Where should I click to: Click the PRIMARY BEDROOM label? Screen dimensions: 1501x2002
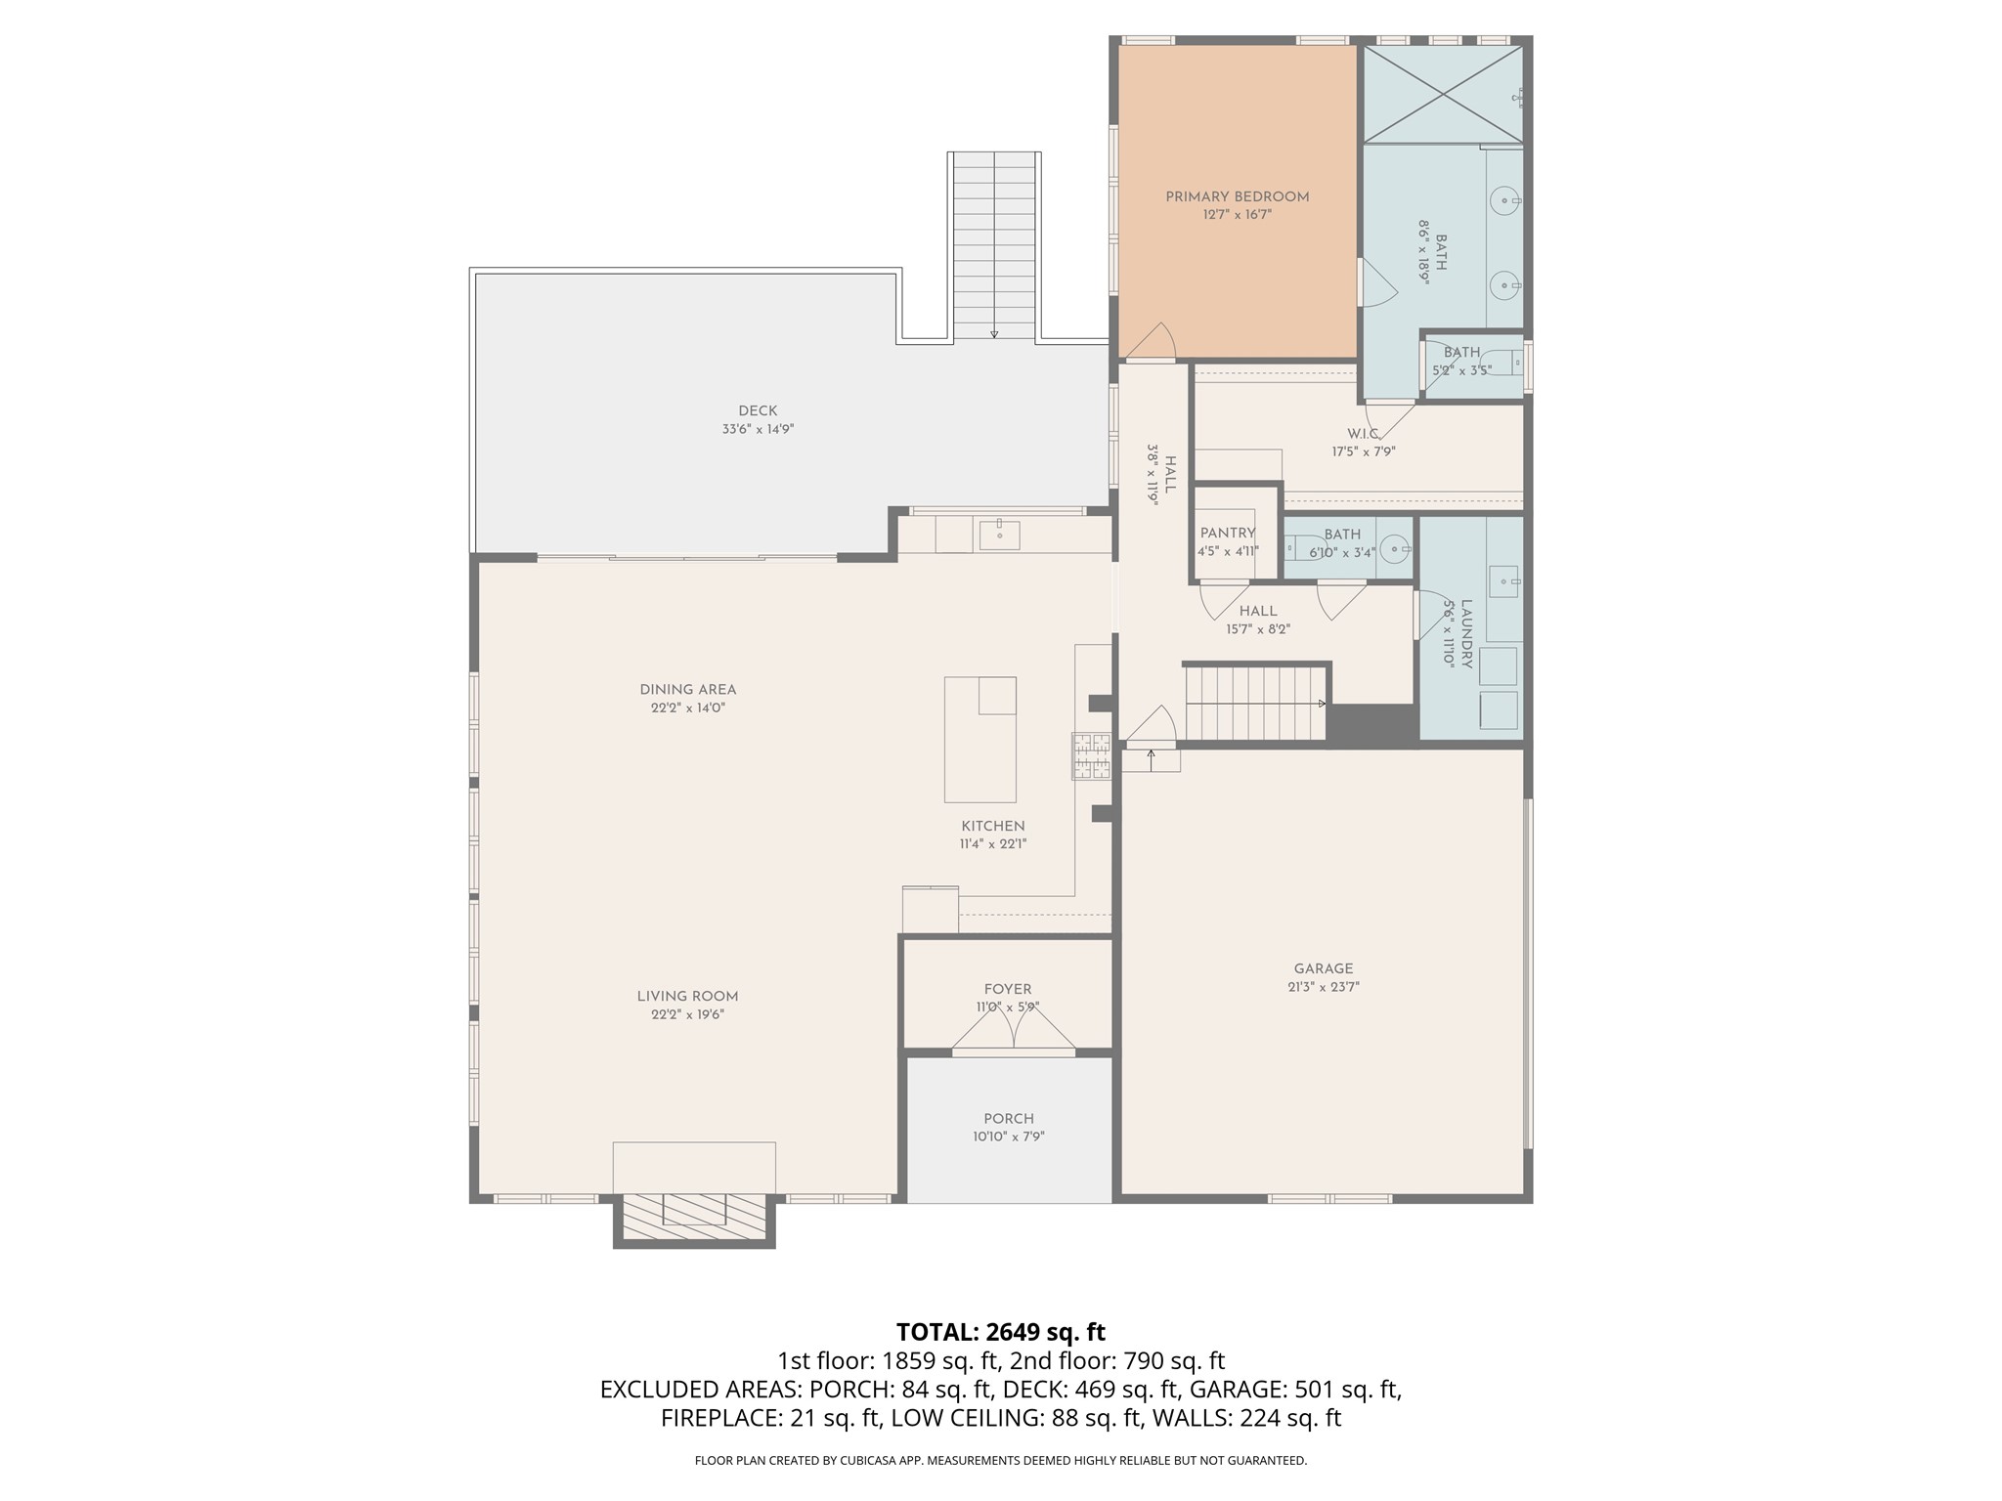(x=1237, y=196)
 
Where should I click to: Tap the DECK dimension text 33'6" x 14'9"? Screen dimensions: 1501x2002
(x=758, y=429)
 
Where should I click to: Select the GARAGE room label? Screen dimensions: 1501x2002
(x=1324, y=968)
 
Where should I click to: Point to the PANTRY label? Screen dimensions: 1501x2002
(x=1228, y=533)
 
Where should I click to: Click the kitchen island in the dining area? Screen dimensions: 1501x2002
(x=979, y=740)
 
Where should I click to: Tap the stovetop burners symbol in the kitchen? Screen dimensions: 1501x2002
(x=1092, y=755)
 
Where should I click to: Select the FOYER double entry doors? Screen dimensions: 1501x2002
(x=1014, y=1032)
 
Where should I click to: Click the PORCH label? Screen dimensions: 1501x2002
(x=1009, y=1119)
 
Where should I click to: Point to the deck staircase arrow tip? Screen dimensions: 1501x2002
(x=994, y=335)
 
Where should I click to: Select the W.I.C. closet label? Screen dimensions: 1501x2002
(x=1363, y=434)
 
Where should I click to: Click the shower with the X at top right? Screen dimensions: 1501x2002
(x=1443, y=94)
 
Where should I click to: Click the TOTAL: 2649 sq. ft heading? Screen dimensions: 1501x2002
(x=1000, y=1332)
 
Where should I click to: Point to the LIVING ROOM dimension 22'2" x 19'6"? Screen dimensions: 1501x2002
(x=687, y=1014)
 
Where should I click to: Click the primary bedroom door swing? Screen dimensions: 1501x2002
(x=1152, y=341)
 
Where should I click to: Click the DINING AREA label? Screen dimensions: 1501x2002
(x=687, y=690)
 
